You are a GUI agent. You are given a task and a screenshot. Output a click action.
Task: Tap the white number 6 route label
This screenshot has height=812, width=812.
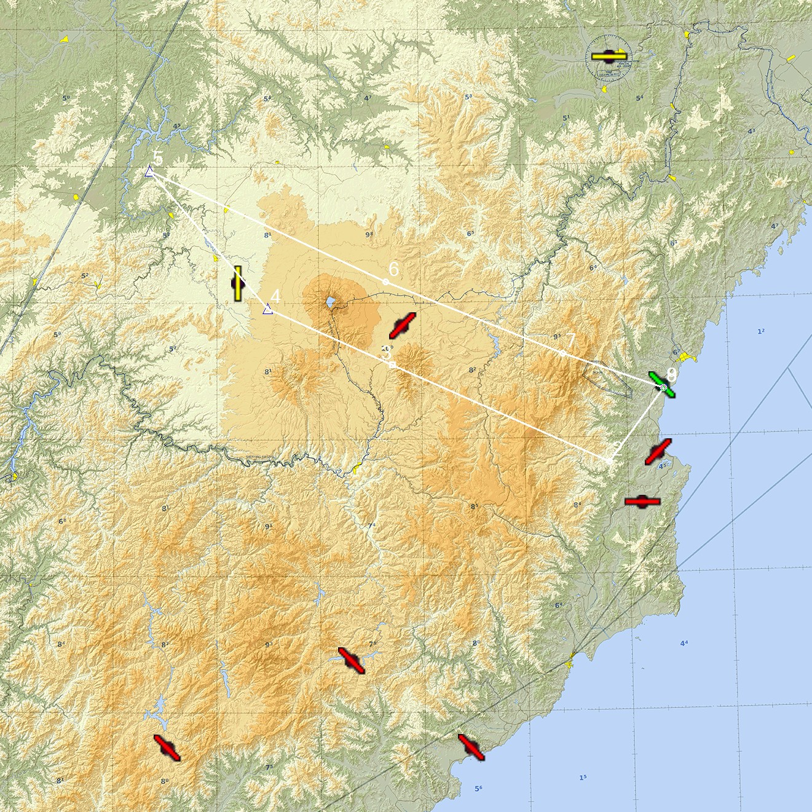[x=394, y=269]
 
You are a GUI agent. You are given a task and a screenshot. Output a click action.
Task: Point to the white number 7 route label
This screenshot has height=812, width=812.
[x=570, y=340]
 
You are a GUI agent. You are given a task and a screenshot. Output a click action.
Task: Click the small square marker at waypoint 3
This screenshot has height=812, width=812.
[x=392, y=365]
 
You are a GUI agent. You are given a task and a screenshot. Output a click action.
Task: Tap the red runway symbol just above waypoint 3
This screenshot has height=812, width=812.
[x=403, y=325]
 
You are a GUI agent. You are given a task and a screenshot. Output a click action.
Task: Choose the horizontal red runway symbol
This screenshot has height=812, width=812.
[x=642, y=502]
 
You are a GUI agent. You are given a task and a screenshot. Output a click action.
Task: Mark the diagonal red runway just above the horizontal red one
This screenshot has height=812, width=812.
[x=658, y=452]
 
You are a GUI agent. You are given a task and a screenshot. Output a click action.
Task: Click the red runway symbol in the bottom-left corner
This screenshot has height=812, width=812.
[x=167, y=747]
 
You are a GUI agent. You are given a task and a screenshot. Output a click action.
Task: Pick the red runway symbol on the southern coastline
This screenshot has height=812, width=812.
[x=471, y=747]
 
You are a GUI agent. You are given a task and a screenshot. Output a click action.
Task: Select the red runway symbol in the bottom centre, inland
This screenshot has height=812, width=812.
[x=351, y=660]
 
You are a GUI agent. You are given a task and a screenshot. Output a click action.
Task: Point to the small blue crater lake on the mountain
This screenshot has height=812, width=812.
[x=330, y=302]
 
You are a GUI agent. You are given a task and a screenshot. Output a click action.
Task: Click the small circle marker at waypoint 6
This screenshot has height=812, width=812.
[x=385, y=282]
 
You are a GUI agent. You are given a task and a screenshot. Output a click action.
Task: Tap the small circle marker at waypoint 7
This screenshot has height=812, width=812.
[x=562, y=353]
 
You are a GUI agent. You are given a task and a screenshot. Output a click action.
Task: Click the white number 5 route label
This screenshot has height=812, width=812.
[x=159, y=158]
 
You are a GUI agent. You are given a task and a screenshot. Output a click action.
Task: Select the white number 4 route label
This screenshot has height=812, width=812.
[x=275, y=296]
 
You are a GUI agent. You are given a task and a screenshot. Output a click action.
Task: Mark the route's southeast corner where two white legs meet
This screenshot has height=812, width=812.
[x=610, y=460]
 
